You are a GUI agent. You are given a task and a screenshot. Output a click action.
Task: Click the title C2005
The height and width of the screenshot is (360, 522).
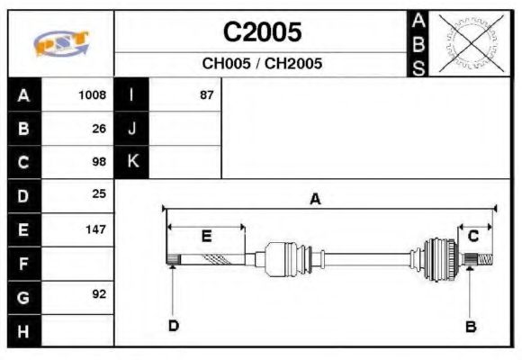[262, 32]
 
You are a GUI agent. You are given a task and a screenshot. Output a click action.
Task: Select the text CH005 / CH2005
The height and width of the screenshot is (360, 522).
[262, 64]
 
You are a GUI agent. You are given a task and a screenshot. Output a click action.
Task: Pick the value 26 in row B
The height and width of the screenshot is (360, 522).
[99, 128]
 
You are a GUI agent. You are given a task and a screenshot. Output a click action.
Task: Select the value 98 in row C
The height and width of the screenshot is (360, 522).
[99, 162]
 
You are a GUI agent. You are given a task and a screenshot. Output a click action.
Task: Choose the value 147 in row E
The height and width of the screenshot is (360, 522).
[95, 229]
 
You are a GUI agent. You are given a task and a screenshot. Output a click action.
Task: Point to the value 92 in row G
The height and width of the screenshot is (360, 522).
[99, 294]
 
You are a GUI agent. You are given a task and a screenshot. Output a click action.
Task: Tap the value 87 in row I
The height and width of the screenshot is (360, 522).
[206, 94]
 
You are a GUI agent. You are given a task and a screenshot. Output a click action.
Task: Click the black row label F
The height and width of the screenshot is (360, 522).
[23, 263]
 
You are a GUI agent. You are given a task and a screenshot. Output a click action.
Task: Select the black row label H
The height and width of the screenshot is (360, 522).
[23, 330]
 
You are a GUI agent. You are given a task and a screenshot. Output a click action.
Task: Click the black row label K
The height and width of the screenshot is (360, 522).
[132, 162]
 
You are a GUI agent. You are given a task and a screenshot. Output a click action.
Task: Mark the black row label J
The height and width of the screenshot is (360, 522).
[132, 128]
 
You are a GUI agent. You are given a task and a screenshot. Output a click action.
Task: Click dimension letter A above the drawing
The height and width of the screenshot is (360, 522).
[315, 200]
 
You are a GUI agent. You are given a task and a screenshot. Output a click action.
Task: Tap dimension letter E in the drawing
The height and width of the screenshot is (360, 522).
[206, 237]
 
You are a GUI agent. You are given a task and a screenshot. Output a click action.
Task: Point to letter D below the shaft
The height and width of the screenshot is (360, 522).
[173, 326]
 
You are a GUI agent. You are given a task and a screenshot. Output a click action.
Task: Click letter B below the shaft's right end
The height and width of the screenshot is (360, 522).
[470, 326]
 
